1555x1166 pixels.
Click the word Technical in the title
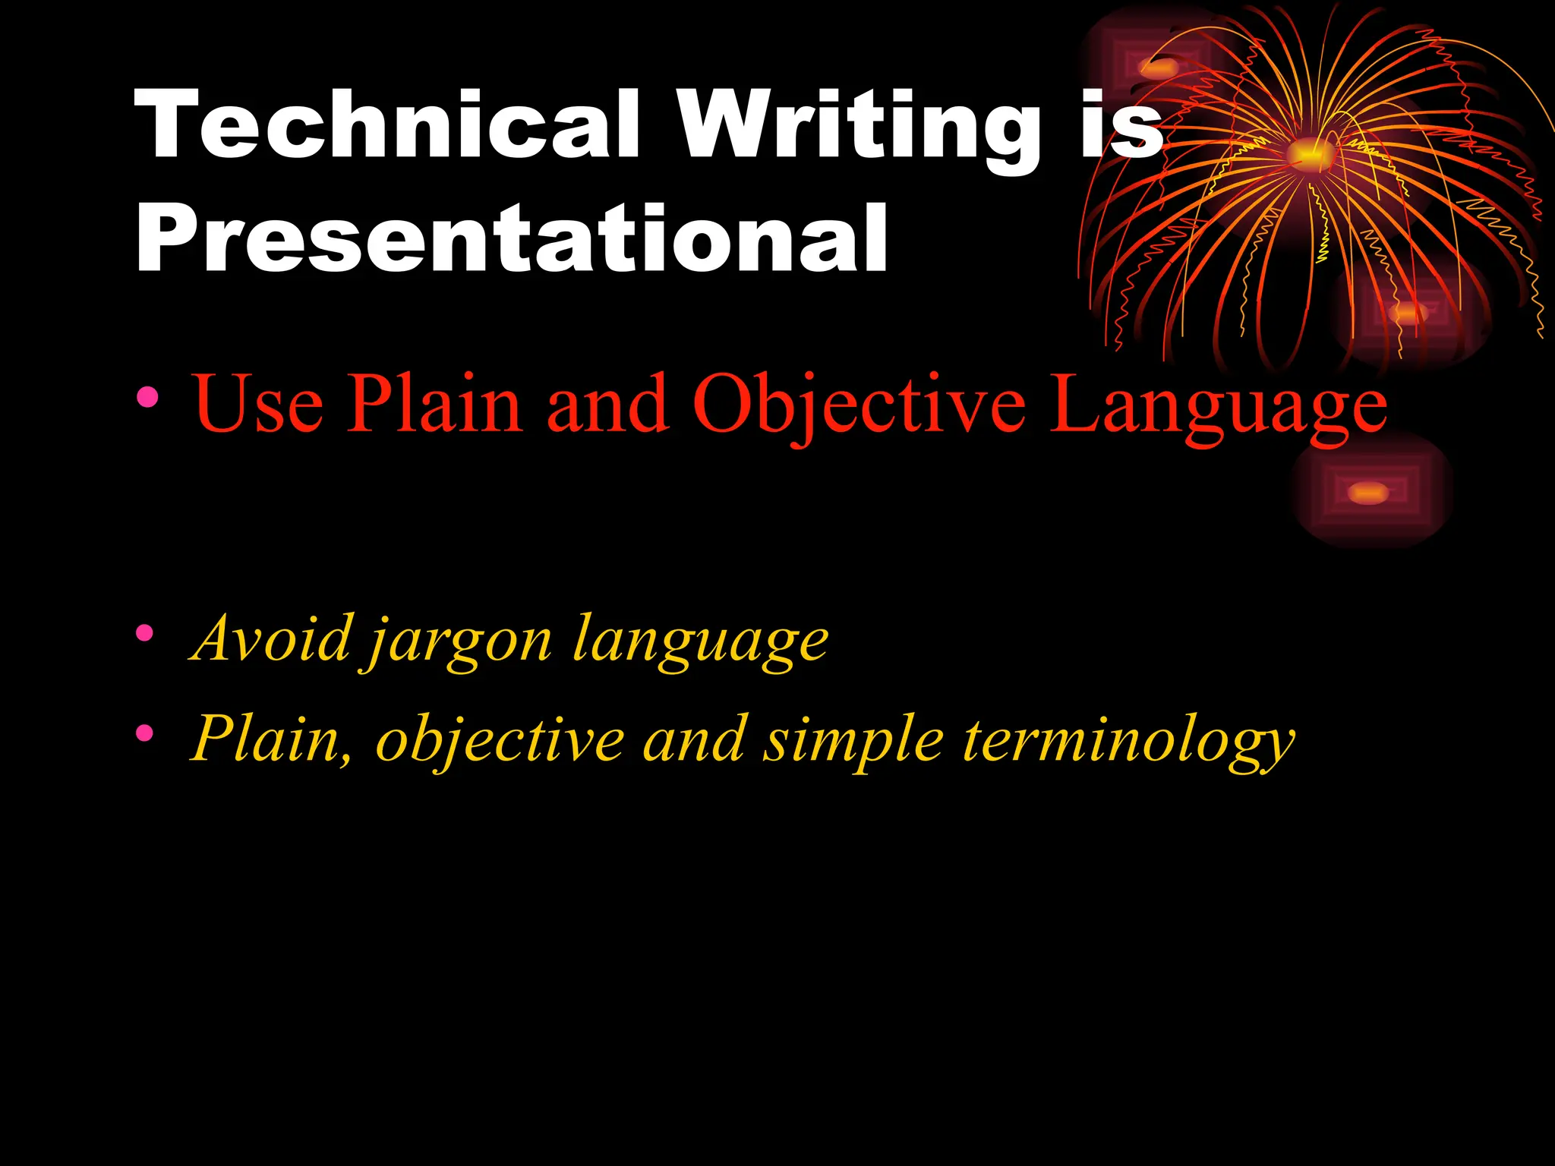[388, 125]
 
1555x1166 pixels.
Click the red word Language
[1218, 410]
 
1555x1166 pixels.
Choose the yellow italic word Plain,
[271, 740]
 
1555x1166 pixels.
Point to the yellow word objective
[500, 742]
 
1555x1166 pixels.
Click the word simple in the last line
[853, 742]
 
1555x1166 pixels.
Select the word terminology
[1129, 742]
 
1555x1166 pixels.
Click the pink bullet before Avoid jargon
[144, 632]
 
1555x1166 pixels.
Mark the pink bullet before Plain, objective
[144, 733]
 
